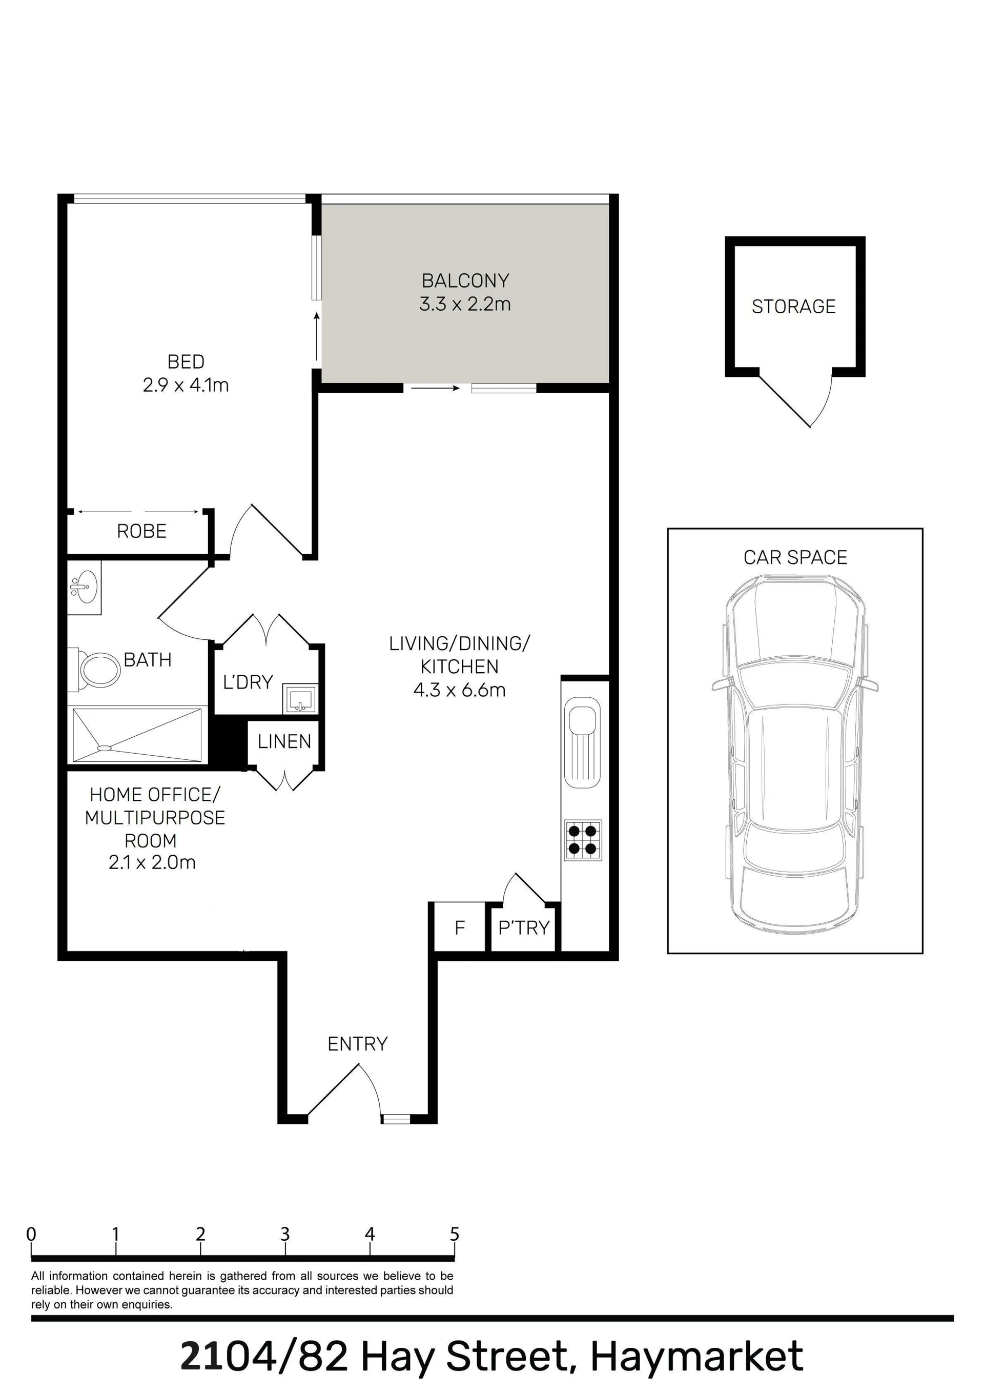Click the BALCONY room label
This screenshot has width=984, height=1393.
click(x=465, y=281)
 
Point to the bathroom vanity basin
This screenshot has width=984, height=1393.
click(x=84, y=587)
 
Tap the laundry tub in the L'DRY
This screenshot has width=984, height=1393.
click(x=300, y=699)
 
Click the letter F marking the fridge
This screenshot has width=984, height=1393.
click(x=460, y=927)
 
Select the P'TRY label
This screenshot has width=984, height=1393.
click(x=524, y=927)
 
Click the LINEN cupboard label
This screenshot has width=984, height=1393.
click(x=284, y=741)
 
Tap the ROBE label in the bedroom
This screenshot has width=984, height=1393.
click(x=141, y=532)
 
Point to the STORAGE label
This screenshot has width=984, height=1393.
click(x=793, y=307)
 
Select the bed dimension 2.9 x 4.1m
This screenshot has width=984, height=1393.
click(x=186, y=385)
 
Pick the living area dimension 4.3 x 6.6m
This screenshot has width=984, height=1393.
click(x=459, y=690)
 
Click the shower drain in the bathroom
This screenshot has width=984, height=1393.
click(x=105, y=749)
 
